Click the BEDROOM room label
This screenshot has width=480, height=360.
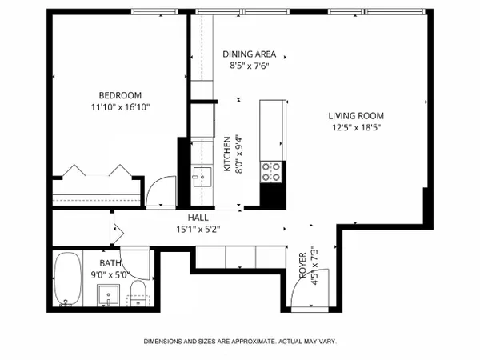[x=120, y=95]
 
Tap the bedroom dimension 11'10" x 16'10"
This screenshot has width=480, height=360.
[x=120, y=107]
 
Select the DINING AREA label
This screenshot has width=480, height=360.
[x=249, y=54]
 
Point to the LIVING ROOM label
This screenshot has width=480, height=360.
[x=356, y=116]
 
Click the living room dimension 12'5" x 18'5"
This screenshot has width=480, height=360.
[x=356, y=127]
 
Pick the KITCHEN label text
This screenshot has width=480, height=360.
[x=227, y=154]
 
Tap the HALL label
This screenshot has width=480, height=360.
[x=198, y=218]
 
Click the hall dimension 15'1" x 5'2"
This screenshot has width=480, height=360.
[x=198, y=230]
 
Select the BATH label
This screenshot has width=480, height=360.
[x=110, y=263]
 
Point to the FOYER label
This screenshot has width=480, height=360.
[x=302, y=265]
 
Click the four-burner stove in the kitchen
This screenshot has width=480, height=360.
[x=271, y=172]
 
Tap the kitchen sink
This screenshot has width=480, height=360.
[x=202, y=177]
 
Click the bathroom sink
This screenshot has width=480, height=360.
[x=108, y=294]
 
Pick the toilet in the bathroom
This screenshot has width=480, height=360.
[x=138, y=294]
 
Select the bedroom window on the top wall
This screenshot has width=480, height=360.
[x=155, y=12]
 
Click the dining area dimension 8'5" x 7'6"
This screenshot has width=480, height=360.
[x=249, y=66]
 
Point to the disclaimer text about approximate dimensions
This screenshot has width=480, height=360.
[x=240, y=342]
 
